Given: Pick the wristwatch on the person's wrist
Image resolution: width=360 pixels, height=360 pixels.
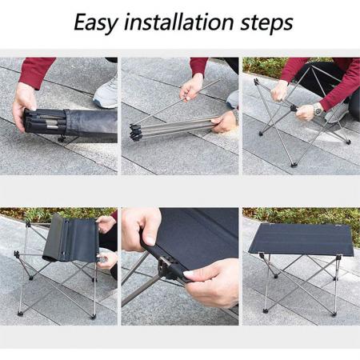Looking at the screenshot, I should point(318,108).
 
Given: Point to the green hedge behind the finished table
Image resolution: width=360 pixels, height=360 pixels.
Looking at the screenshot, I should point(296,214).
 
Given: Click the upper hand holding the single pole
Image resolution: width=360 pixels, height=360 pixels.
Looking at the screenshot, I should point(192,85).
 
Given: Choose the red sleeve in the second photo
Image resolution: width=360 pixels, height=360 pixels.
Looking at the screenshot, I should point(199,65).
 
